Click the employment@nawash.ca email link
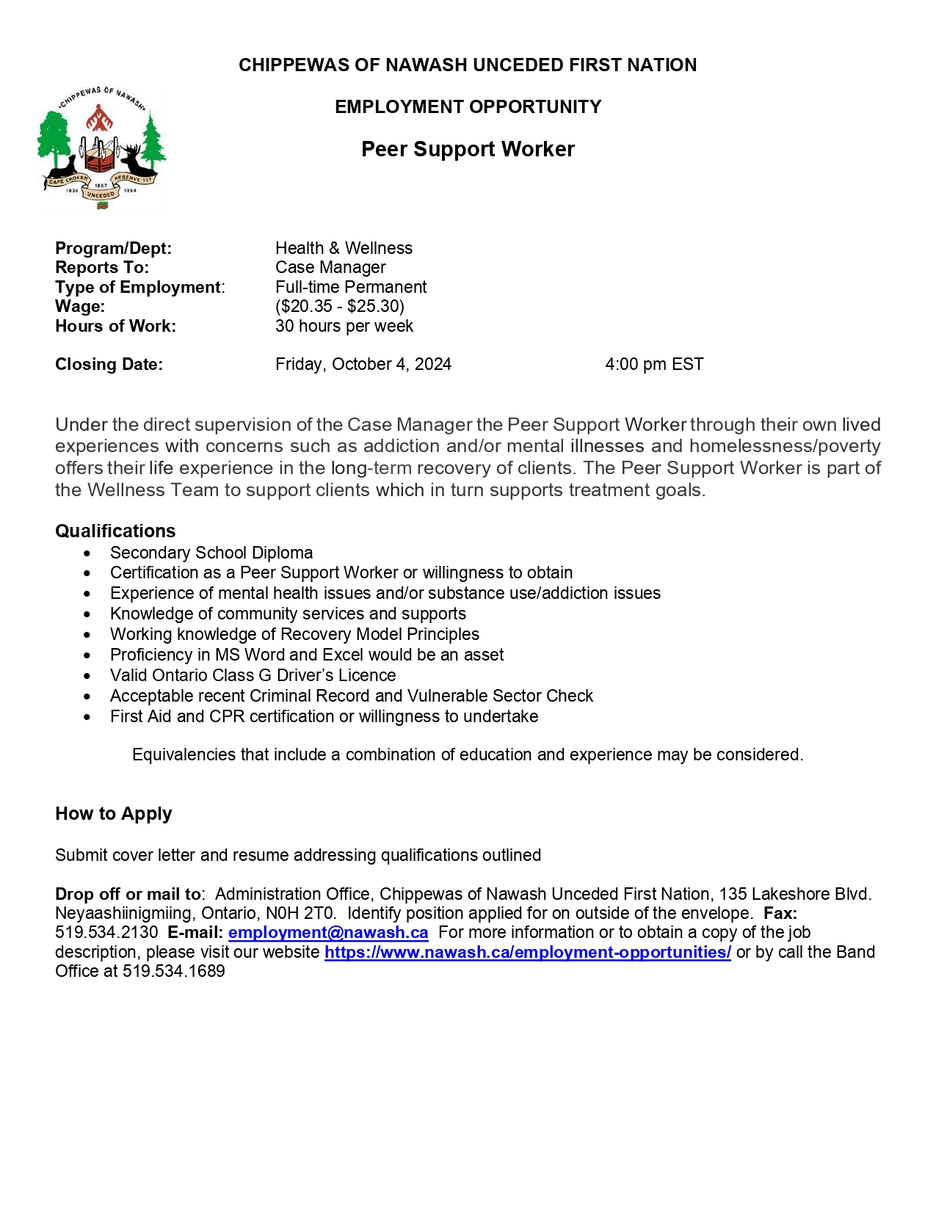[x=328, y=933]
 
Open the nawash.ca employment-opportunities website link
[x=527, y=952]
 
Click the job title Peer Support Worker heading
[x=468, y=149]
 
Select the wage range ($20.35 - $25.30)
[x=340, y=306]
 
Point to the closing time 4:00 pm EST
[x=654, y=364]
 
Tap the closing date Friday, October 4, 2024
[x=363, y=364]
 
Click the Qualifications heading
[x=115, y=531]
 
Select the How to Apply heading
[x=113, y=813]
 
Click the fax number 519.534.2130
[x=106, y=933]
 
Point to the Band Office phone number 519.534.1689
[x=174, y=971]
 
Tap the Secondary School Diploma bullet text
[x=211, y=553]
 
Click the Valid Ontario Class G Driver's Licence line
[x=253, y=675]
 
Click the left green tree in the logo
[x=54, y=136]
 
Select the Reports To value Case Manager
[x=330, y=267]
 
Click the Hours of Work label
[x=115, y=326]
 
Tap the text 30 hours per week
[x=344, y=326]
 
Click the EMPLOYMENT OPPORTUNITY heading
[x=468, y=107]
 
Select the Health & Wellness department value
[x=344, y=248]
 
